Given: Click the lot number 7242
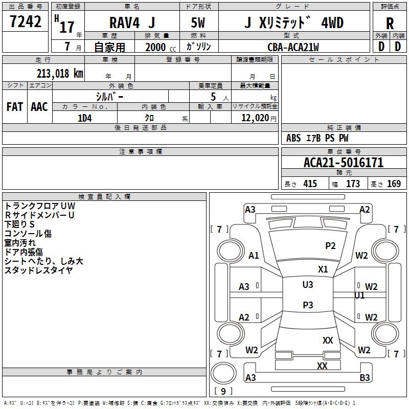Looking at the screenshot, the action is point(26,21).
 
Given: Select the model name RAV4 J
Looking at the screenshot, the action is point(132,22).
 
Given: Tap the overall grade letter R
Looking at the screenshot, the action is point(390,24).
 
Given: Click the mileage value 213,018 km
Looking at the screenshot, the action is point(60,74).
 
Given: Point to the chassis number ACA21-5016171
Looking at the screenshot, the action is point(344,163).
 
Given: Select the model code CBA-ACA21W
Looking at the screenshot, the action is point(293,47).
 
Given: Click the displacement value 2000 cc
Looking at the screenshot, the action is point(161,48).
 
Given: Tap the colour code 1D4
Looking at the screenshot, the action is point(85,118).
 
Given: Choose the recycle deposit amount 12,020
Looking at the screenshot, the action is point(255,118).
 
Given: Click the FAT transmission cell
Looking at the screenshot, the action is point(15,107).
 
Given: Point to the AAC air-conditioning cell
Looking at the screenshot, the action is point(39,107).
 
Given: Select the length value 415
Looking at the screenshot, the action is point(310,184).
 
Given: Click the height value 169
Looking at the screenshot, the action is point(394,184).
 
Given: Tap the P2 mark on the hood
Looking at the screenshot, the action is point(330,246).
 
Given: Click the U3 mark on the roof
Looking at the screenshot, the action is point(308,285).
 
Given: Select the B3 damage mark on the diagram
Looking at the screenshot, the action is point(365,377).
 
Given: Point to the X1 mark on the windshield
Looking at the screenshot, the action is point(323,269).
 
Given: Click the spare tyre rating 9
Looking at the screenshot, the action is point(223,391).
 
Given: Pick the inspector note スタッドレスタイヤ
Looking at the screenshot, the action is point(39,270).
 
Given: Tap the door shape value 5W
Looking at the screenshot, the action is point(198,22).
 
